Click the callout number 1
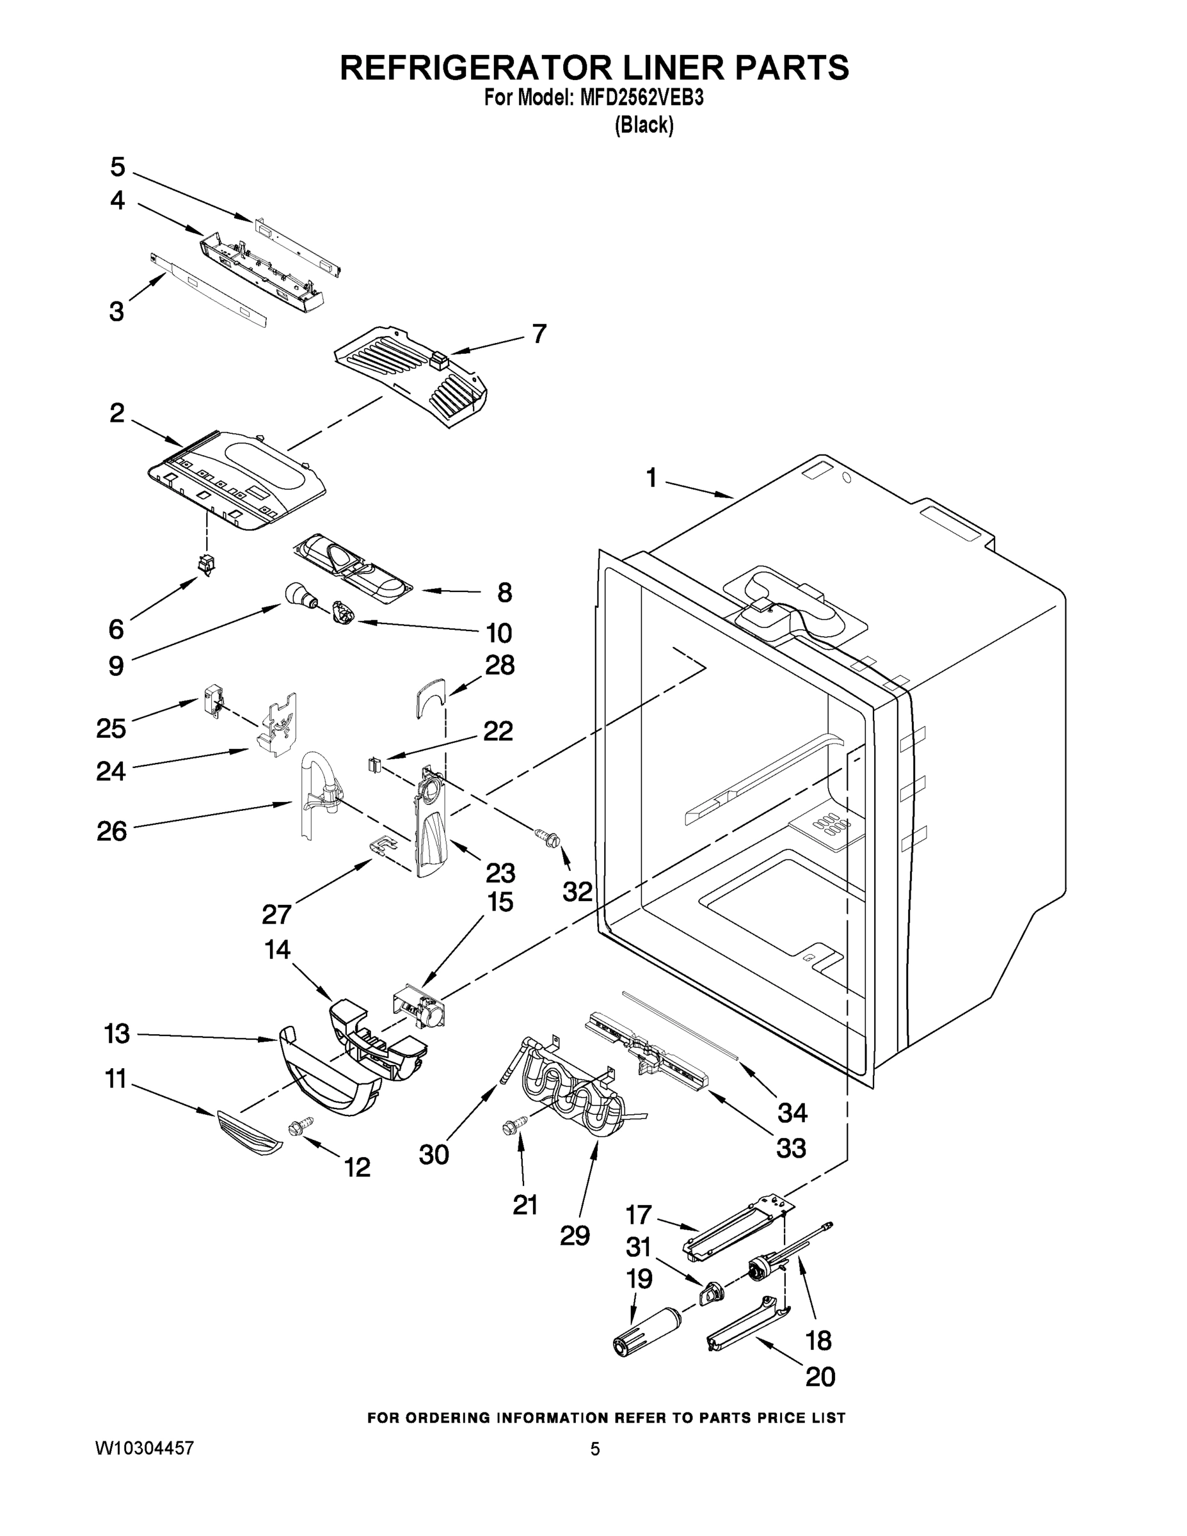point(651,478)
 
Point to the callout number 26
point(112,831)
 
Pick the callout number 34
point(792,1112)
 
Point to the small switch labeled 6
point(206,563)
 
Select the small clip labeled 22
point(374,763)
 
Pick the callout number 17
point(639,1215)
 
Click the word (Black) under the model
point(644,125)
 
